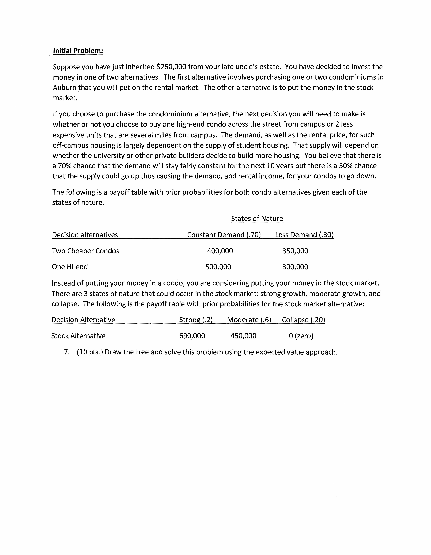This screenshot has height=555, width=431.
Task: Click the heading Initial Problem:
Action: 78,51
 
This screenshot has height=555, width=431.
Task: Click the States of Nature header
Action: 257,219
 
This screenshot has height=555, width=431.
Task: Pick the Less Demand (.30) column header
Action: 304,235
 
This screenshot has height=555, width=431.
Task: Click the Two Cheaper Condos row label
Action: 85,251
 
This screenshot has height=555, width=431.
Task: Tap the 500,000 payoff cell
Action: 218,267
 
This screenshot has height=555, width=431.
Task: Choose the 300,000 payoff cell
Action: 295,267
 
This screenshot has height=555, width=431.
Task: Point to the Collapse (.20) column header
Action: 303,320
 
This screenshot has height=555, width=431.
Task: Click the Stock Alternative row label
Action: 78,336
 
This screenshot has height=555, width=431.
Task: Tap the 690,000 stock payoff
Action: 192,336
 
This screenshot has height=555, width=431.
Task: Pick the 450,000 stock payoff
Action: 243,336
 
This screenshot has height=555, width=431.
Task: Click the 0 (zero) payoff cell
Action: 301,336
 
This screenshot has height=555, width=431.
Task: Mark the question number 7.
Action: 67,352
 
